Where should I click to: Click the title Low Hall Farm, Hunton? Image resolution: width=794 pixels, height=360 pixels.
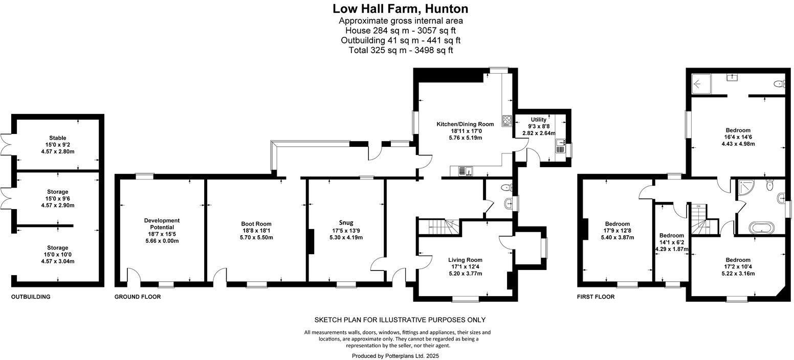coord(401,9)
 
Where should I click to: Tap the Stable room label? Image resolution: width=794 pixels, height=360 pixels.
coord(57,138)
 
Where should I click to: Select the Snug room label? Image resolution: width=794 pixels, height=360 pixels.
coord(346,222)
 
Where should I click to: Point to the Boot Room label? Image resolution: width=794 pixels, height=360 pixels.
coord(256,223)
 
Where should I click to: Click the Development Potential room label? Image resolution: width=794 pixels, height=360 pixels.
coord(162,223)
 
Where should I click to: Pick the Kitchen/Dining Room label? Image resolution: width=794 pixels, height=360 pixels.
coord(465,124)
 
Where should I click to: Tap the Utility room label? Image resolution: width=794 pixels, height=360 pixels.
coord(539,120)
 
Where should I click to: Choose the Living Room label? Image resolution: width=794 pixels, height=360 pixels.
coord(466,260)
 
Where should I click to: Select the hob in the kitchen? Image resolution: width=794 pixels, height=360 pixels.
coord(507,120)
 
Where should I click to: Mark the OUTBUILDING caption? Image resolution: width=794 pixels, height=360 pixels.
coord(31,297)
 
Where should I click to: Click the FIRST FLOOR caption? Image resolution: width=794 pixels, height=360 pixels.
coord(595,297)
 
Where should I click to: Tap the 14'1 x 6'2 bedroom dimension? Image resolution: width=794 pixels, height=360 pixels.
coord(672,242)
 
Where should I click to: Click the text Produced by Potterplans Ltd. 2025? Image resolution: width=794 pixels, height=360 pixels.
coord(395,355)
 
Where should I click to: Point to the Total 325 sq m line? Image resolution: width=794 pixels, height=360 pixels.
coord(401,50)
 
